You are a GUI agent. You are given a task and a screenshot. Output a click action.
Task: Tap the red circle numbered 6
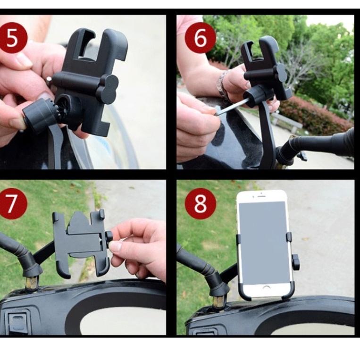tap(200, 37)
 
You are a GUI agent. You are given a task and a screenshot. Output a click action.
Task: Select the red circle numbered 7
tap(14, 203)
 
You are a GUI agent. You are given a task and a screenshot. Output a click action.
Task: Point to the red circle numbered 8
tap(200, 203)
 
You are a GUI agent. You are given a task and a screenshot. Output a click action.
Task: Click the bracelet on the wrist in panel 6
tap(223, 85)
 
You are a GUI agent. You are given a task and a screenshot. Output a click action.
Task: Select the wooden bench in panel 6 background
tap(285, 122)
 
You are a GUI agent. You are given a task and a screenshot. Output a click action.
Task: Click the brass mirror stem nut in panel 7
tap(32, 284)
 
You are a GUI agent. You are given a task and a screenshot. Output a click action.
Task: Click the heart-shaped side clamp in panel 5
tap(108, 88)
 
